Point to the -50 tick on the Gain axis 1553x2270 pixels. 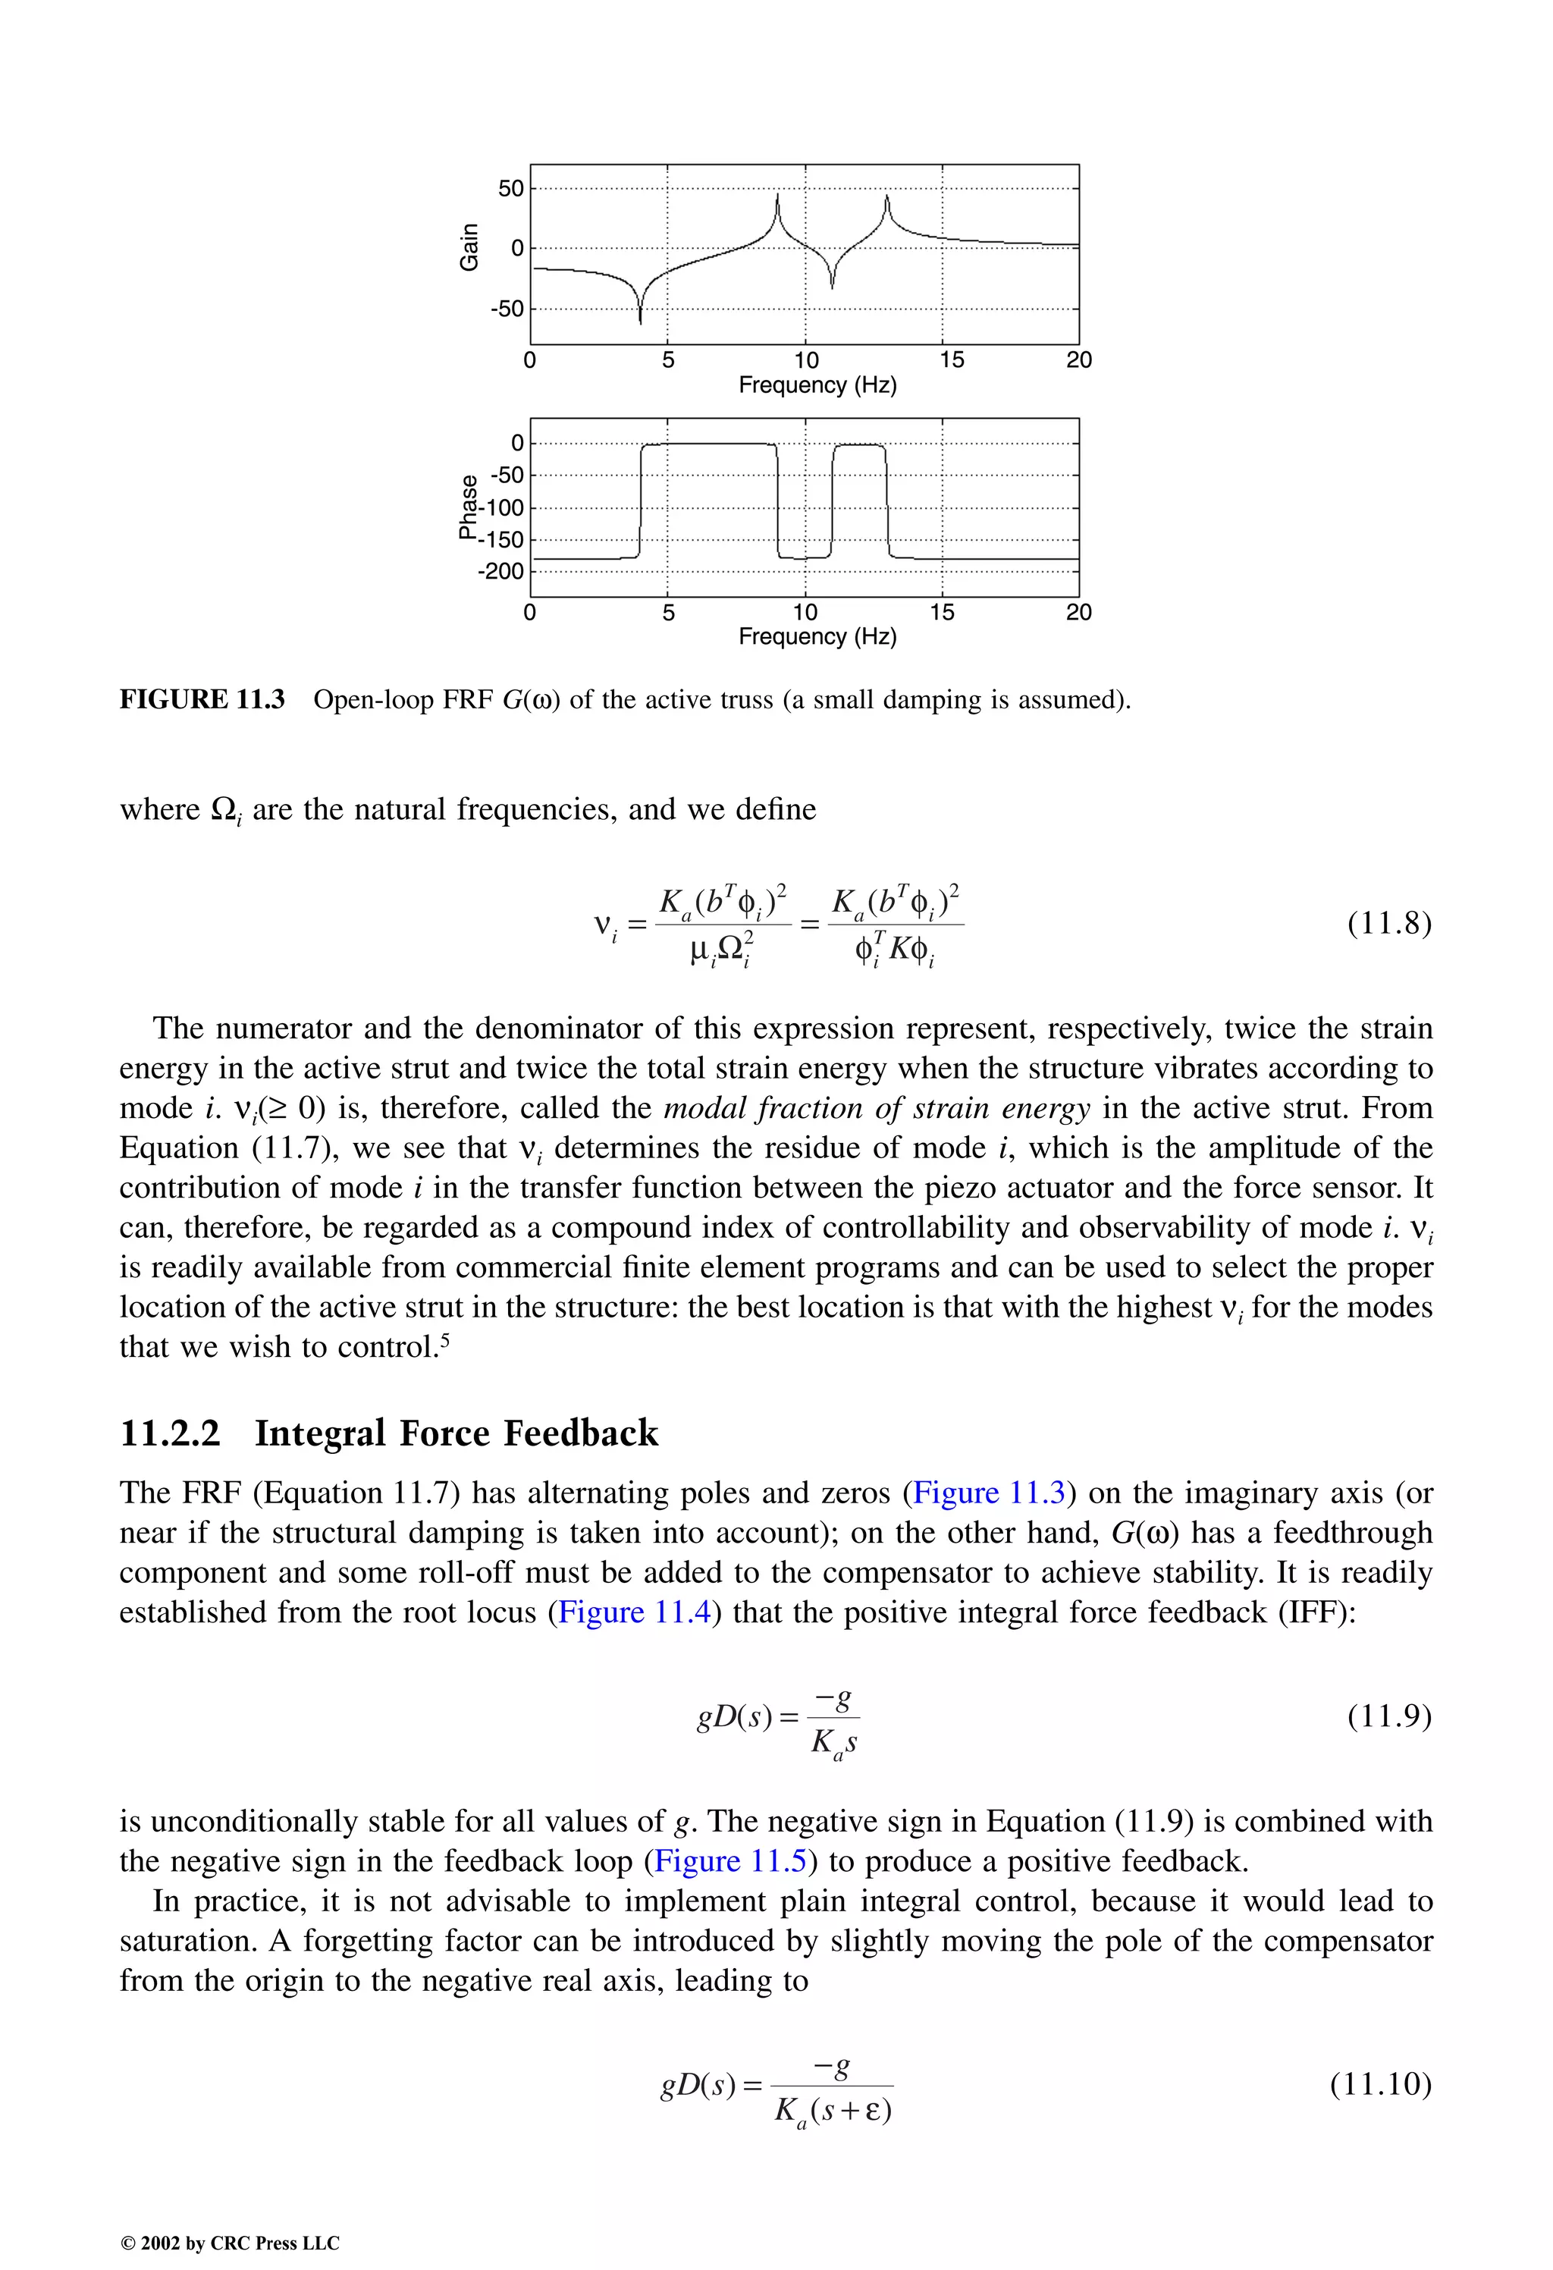(x=507, y=309)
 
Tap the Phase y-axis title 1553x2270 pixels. (x=469, y=507)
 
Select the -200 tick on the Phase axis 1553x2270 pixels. (x=501, y=571)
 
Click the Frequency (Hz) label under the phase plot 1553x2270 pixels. (x=817, y=637)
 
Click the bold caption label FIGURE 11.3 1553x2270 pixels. (x=202, y=699)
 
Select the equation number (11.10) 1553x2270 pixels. (x=1380, y=2083)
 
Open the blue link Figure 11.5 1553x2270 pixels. (x=730, y=1860)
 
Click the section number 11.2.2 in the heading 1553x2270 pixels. (x=170, y=1433)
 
